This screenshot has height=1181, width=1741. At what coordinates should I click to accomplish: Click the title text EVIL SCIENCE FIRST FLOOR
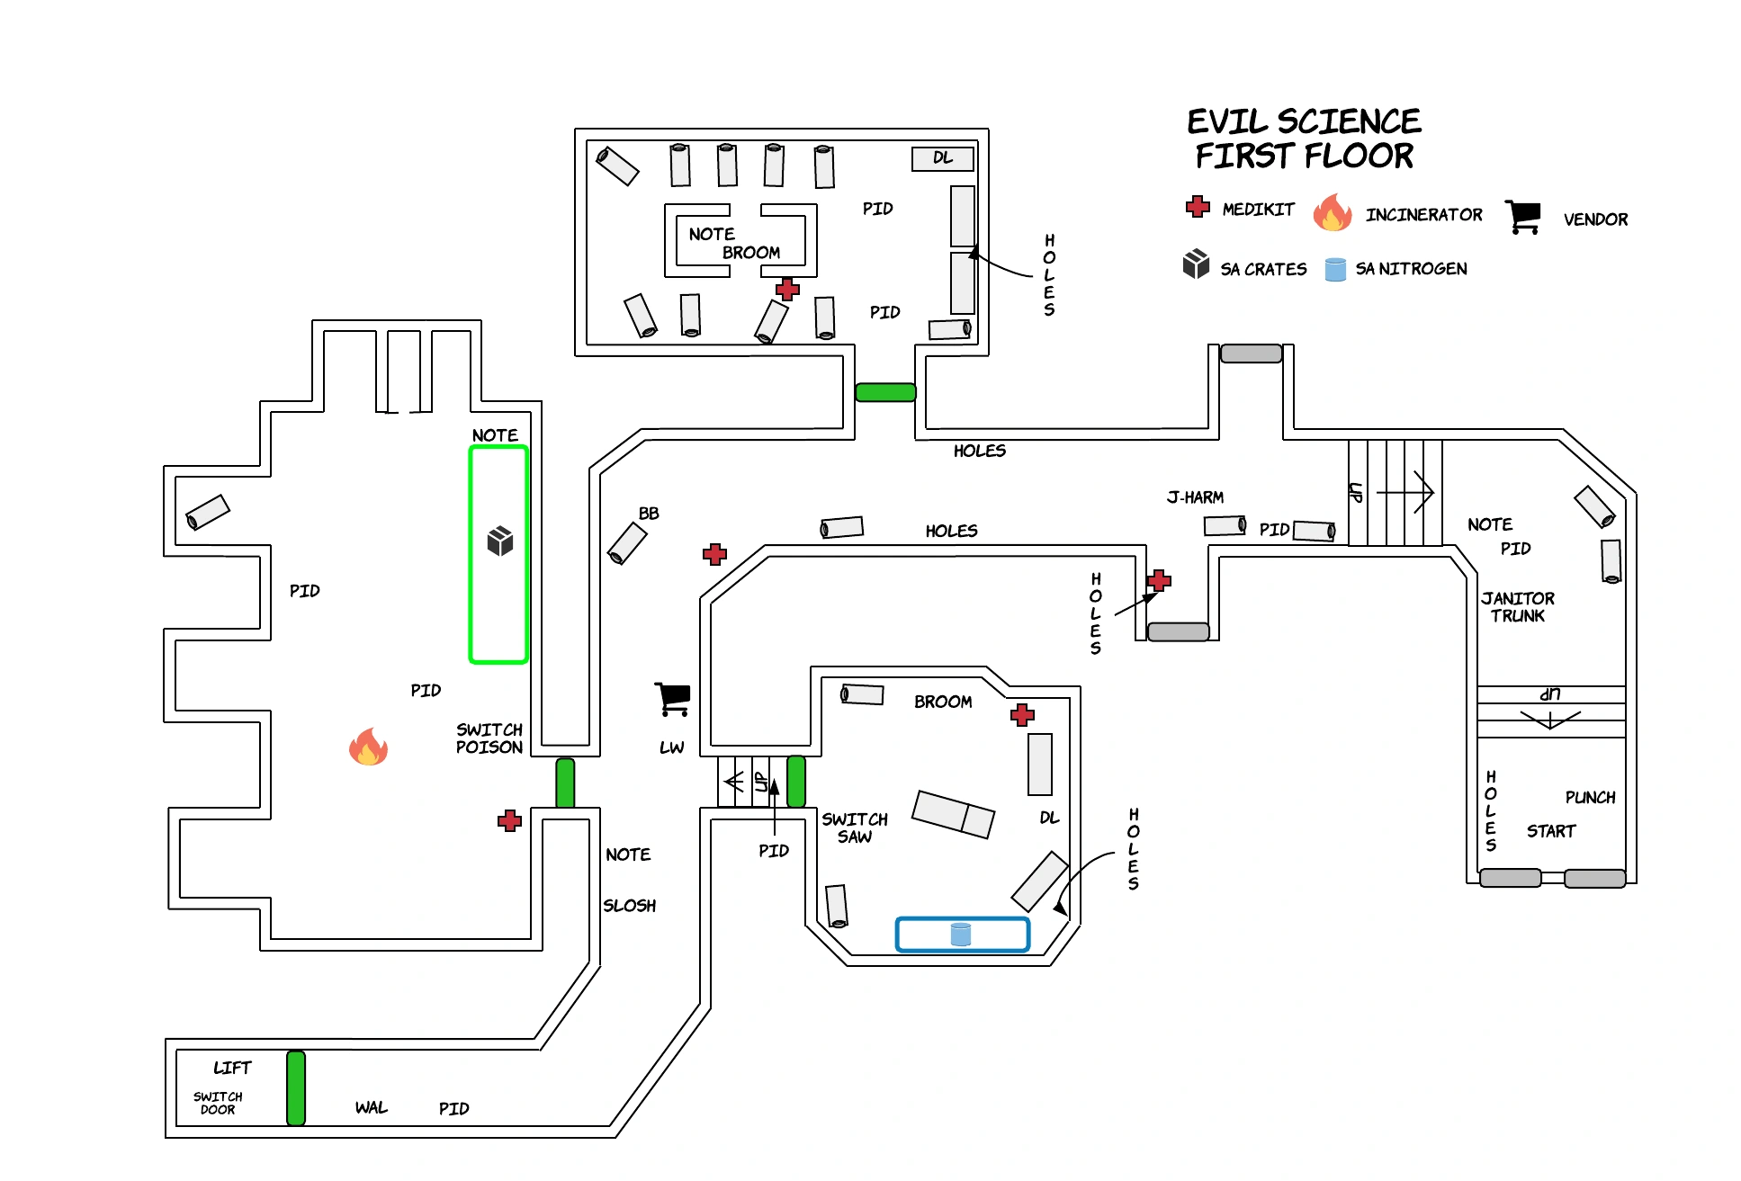coord(1304,139)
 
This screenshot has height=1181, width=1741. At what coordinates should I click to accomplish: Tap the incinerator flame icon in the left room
coord(368,747)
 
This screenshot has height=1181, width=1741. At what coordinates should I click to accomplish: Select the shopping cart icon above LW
coord(672,699)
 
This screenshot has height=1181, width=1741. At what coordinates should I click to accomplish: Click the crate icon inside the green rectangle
coord(500,541)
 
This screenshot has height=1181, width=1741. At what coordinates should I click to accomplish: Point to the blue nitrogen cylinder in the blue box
coord(961,935)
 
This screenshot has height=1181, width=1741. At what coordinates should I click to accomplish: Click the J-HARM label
coord(1195,497)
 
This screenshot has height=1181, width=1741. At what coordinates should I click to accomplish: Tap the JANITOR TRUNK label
coord(1518,607)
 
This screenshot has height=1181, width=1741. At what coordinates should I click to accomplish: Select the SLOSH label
coord(629,906)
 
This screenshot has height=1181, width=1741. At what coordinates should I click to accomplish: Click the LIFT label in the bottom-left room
coord(232,1068)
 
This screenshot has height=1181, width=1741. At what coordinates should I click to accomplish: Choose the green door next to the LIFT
coord(296,1087)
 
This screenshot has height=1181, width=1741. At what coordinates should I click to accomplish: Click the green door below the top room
coord(885,392)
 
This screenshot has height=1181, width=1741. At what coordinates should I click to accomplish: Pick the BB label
coord(649,514)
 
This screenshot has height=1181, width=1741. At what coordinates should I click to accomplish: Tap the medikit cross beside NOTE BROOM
coord(787,289)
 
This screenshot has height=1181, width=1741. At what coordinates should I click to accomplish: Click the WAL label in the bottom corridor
coord(371,1107)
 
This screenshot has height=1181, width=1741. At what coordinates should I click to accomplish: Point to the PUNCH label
coord(1590,798)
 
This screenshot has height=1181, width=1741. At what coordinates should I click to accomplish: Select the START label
coord(1550,831)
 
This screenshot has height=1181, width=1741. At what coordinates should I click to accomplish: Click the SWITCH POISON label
coord(489,738)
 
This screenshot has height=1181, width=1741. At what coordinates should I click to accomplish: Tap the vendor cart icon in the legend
coord(1523,217)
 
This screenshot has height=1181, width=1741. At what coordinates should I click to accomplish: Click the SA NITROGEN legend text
coord(1411,269)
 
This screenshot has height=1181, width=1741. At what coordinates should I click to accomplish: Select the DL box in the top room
coord(942,158)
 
